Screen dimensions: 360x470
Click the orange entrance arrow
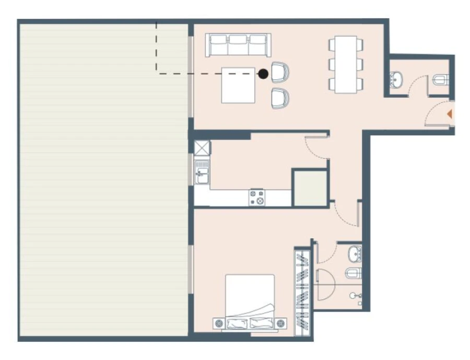point(449,113)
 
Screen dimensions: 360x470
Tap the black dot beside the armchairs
point(264,74)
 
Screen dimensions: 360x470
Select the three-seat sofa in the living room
point(238,45)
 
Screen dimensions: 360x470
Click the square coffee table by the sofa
point(238,85)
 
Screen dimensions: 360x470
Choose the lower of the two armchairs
point(280,98)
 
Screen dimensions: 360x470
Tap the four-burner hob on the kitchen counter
point(256,197)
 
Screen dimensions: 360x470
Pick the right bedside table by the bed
point(281,323)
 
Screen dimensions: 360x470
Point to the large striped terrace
point(103,180)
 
